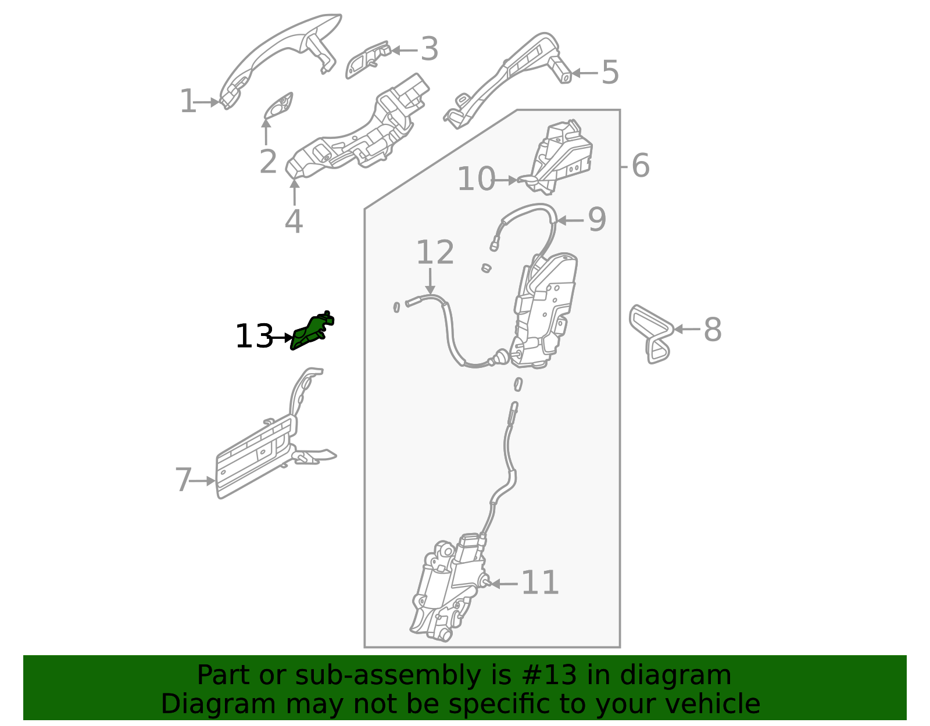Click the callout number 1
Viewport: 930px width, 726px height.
[x=187, y=102]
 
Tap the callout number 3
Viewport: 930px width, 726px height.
[x=429, y=50]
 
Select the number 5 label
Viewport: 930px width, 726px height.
[x=610, y=73]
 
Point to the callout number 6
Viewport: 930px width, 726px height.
[x=640, y=166]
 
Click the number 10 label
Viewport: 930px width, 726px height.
[x=475, y=180]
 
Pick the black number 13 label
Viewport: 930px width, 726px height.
[x=253, y=337]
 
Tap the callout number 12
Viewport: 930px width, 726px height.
[x=435, y=253]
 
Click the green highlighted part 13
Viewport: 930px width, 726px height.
[x=312, y=332]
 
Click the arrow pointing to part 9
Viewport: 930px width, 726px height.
[x=570, y=221]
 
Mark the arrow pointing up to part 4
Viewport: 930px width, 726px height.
[x=294, y=192]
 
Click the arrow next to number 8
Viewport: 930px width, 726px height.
[x=686, y=330]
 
